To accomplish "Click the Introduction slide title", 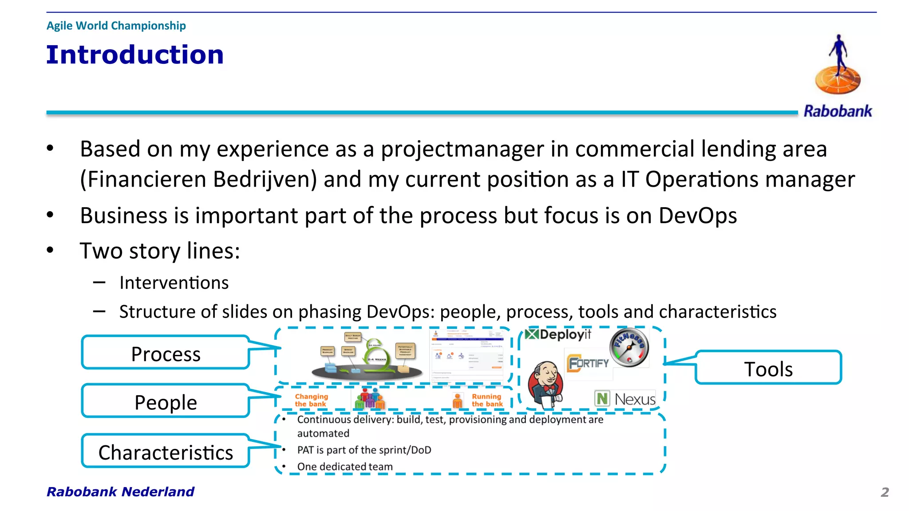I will tap(135, 55).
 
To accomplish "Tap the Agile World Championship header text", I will tap(116, 26).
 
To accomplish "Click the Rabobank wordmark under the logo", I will tap(838, 111).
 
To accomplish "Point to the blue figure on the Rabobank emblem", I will tap(838, 53).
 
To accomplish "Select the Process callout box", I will tap(166, 354).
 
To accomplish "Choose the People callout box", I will tap(166, 402).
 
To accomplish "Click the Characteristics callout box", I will tap(166, 452).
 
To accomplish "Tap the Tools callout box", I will tap(768, 369).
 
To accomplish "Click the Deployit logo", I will tap(558, 334).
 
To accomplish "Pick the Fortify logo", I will tap(588, 363).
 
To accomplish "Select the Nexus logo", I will tap(625, 399).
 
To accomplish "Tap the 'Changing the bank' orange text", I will tap(311, 400).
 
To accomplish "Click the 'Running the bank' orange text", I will tap(487, 400).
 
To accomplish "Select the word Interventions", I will tap(174, 283).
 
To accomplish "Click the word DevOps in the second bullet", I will tap(697, 216).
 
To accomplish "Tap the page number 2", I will tap(885, 492).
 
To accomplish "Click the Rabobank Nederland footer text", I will tap(120, 491).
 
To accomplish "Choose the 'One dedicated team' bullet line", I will tap(344, 467).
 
